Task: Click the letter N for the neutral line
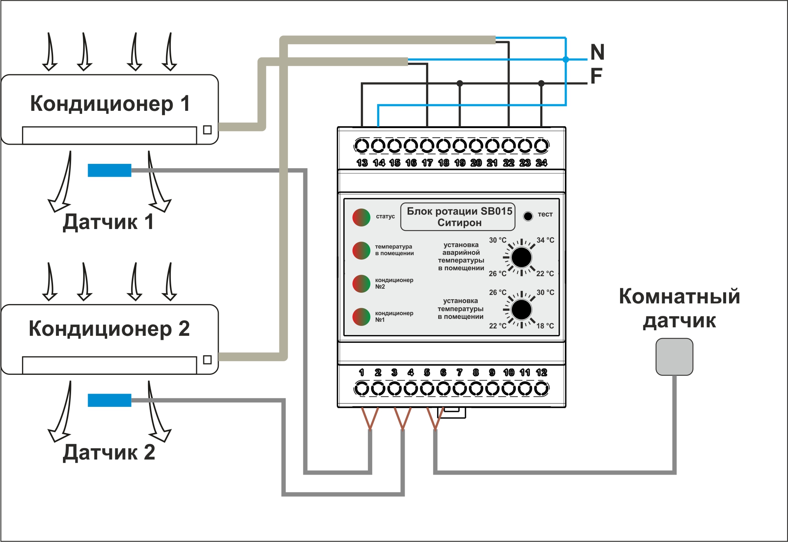[x=597, y=52]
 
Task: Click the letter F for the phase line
[x=596, y=76]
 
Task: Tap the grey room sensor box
[x=674, y=357]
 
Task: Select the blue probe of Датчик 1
[x=109, y=170]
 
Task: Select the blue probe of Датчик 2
[x=109, y=400]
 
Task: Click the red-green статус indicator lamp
[x=361, y=217]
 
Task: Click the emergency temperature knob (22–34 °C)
[x=521, y=257]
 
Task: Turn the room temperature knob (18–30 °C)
[x=521, y=310]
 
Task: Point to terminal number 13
[x=362, y=146]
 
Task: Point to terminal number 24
[x=541, y=146]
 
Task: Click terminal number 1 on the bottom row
[x=362, y=388]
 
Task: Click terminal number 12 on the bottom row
[x=541, y=388]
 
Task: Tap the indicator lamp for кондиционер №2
[x=361, y=284]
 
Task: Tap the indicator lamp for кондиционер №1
[x=361, y=317]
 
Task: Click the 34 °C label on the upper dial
[x=545, y=240]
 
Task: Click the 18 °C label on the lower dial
[x=545, y=326]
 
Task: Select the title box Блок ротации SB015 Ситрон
[x=459, y=217]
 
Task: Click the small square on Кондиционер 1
[x=207, y=130]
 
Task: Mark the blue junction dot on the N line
[x=566, y=59]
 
